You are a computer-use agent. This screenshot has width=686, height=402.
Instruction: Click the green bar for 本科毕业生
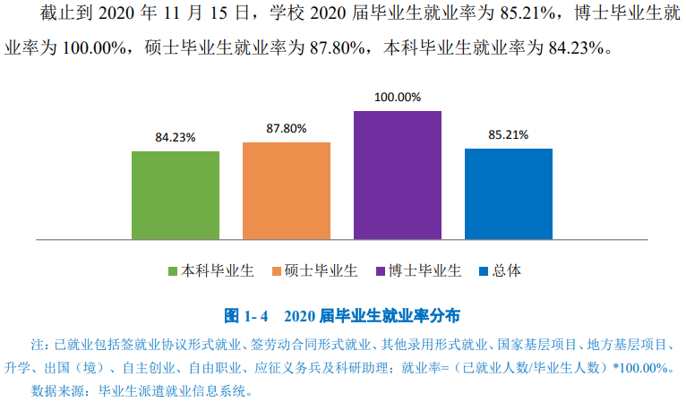pos(176,195)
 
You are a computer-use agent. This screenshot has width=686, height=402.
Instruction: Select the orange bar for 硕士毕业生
pos(287,191)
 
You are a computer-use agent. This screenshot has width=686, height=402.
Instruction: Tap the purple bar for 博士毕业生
pos(398,175)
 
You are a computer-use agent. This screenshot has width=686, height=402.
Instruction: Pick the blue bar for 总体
pos(509,194)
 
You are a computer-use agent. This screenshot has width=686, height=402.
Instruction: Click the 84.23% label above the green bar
pos(176,138)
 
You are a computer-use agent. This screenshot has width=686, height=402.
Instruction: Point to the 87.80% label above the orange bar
pos(287,129)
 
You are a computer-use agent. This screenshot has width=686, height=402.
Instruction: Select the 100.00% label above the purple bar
pos(398,98)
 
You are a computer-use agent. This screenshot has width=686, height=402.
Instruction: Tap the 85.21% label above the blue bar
pos(509,135)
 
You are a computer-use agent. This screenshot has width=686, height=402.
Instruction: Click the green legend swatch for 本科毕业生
pos(174,270)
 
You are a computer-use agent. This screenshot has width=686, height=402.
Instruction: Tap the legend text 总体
pos(506,270)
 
